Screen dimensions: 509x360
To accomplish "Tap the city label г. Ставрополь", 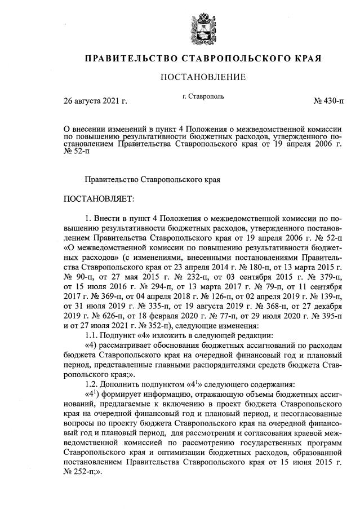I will tap(203, 96).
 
